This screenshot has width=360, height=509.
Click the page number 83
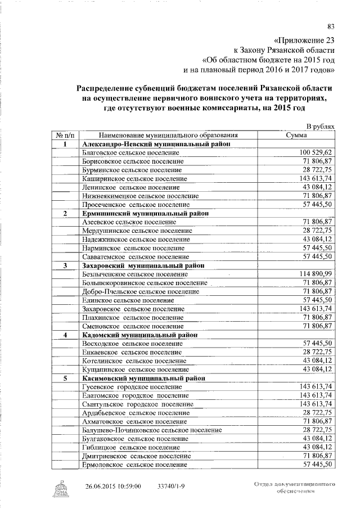(x=331, y=25)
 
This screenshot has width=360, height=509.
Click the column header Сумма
(x=295, y=136)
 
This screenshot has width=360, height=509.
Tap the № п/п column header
(x=65, y=136)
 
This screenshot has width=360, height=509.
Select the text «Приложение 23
(x=304, y=40)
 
